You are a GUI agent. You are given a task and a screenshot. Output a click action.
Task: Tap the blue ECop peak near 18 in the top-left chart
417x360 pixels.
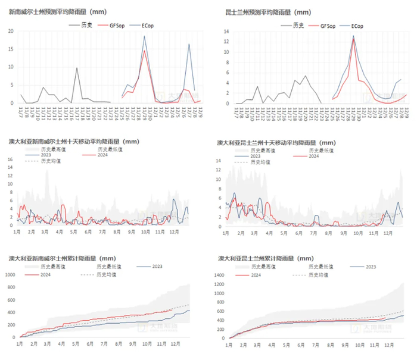144,37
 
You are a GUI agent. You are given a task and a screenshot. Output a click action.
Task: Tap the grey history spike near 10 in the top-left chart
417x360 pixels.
76,68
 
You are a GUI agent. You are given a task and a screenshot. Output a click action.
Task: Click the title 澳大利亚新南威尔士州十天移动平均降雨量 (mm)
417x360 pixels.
75,142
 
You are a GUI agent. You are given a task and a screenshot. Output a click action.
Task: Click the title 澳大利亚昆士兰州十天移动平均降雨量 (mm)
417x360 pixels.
276,143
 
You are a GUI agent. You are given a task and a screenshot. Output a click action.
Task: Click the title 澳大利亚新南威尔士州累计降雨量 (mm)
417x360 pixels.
63,258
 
